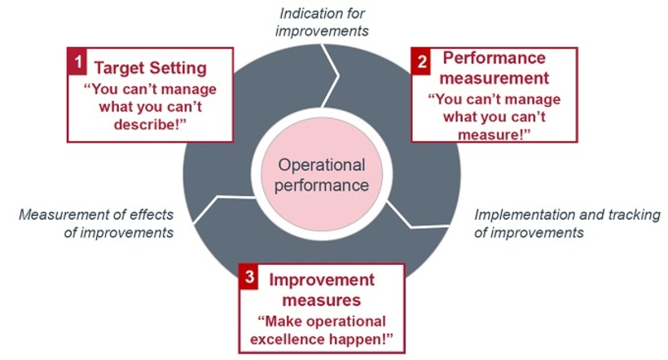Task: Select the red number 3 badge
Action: click(x=250, y=277)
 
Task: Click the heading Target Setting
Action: click(x=150, y=68)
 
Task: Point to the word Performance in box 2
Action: click(x=494, y=59)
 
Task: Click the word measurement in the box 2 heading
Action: click(x=495, y=78)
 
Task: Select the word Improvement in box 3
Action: click(x=322, y=279)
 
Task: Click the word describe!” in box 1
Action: click(x=149, y=124)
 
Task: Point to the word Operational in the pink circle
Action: click(x=322, y=165)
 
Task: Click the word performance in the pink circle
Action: click(x=321, y=185)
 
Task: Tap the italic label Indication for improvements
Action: click(x=322, y=22)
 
